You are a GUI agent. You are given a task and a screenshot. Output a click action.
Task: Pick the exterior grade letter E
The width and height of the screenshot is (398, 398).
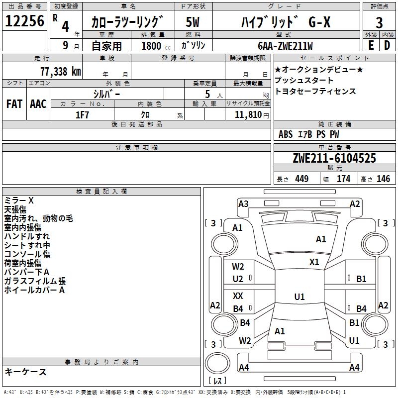[x=371, y=45]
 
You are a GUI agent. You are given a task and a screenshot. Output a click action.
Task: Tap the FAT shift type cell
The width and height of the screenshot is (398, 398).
[x=14, y=103]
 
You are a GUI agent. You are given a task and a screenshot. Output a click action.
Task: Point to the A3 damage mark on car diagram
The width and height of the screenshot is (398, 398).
[x=243, y=203]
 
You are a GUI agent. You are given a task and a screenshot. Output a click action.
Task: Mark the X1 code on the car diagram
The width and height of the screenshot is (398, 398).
[x=314, y=262]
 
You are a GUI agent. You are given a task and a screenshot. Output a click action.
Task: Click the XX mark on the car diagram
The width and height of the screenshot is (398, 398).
[x=238, y=296]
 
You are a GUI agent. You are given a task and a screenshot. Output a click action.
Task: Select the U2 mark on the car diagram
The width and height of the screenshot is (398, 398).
[x=238, y=279]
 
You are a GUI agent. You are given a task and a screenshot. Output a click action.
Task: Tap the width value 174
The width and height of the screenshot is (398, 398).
[x=343, y=179]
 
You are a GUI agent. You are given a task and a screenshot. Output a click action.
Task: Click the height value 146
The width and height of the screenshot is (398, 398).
[x=383, y=179]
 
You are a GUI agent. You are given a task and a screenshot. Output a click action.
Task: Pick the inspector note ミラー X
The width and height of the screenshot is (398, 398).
[x=19, y=200]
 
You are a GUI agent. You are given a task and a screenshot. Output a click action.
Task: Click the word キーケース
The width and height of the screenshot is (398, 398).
[x=25, y=372]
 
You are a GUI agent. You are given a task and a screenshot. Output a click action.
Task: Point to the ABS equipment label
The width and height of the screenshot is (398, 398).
[x=286, y=134]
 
